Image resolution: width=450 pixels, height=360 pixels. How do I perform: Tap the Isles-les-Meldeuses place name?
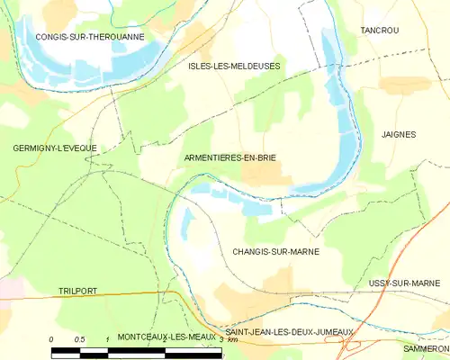(x=234, y=67)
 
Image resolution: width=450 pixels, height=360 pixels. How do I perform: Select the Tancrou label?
(x=379, y=31)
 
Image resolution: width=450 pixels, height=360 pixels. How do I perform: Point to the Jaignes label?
(x=398, y=134)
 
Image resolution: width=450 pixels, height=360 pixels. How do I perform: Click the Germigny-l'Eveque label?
(x=54, y=147)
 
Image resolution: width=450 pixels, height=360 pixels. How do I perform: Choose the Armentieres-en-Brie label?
(x=229, y=157)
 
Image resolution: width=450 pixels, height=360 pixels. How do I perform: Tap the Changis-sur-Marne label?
(x=275, y=252)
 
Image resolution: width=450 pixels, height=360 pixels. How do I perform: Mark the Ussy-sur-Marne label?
(x=404, y=283)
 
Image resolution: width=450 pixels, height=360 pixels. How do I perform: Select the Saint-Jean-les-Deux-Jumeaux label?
(x=290, y=331)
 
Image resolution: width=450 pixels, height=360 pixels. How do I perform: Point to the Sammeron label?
(x=426, y=347)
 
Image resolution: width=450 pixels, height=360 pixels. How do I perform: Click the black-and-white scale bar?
(x=135, y=351)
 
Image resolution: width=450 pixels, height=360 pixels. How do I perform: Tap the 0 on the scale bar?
(x=51, y=339)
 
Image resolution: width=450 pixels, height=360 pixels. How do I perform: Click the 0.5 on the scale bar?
(x=79, y=339)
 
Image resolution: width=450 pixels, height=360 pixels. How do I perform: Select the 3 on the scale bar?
(x=220, y=339)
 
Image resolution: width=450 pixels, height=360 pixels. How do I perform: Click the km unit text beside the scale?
(x=231, y=339)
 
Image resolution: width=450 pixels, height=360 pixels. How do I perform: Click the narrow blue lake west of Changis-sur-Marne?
(x=186, y=223)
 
